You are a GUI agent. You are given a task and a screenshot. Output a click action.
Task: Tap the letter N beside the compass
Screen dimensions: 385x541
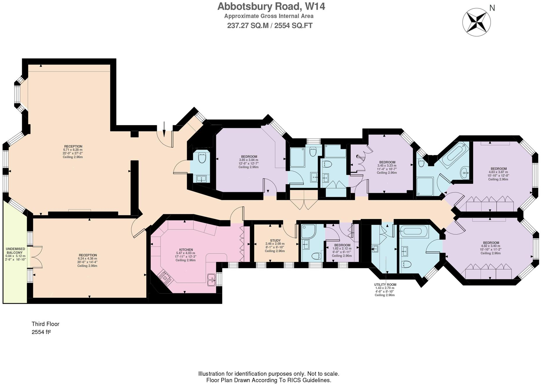click(x=492, y=8)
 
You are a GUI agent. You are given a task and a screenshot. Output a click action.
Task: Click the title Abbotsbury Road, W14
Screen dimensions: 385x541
click(x=271, y=6)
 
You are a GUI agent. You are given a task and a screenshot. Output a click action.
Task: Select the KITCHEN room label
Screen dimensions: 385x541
click(x=186, y=250)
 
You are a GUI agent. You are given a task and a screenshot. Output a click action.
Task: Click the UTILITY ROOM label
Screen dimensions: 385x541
click(x=385, y=285)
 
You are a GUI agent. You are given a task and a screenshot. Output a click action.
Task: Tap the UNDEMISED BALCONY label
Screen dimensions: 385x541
click(x=15, y=251)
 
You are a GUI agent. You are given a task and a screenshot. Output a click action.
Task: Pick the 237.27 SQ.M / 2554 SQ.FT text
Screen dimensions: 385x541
click(x=270, y=26)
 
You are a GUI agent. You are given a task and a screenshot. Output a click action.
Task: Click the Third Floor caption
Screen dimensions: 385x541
click(x=45, y=324)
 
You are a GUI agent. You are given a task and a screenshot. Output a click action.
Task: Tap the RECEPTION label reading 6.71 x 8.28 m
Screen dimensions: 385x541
click(x=73, y=146)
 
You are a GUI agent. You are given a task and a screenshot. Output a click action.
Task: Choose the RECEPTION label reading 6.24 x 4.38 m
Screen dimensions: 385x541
click(x=88, y=255)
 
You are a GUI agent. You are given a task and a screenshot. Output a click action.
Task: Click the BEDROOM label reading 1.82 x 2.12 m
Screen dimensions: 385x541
click(x=342, y=245)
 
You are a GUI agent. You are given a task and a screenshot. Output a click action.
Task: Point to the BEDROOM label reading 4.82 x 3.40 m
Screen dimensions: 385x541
click(x=491, y=243)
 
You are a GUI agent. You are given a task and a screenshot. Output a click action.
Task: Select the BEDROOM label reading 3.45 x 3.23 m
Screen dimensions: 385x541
click(x=387, y=162)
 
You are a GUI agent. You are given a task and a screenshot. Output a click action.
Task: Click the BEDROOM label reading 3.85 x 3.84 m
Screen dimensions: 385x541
click(x=249, y=157)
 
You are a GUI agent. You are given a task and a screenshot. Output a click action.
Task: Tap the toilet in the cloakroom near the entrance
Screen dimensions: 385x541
click(x=202, y=158)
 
